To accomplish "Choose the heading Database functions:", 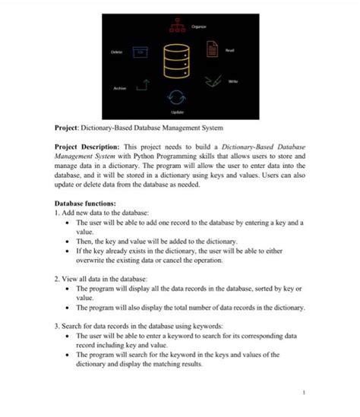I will click(85, 204).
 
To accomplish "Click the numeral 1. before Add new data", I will click(58, 213).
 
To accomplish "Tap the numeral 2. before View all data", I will click(58, 279).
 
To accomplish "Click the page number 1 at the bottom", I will click(302, 393).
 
